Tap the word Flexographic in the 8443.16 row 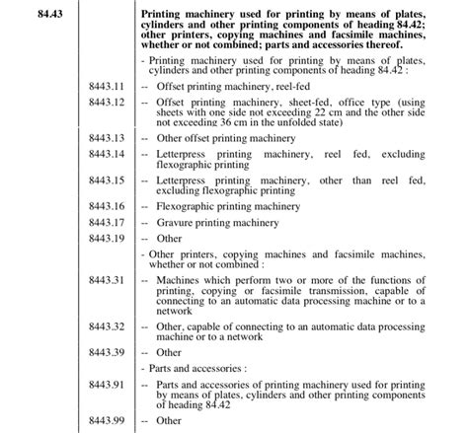[x=188, y=206]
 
